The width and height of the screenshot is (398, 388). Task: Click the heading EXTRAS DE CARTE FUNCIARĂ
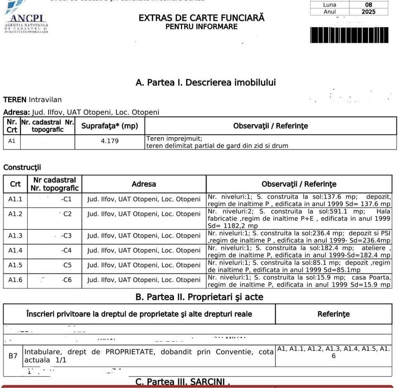pyautogui.click(x=201, y=18)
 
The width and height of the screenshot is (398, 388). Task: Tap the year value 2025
pyautogui.click(x=368, y=12)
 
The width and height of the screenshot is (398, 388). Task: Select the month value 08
pyautogui.click(x=368, y=5)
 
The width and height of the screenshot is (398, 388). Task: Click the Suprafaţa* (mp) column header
pyautogui.click(x=109, y=126)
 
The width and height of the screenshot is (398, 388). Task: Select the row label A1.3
pyautogui.click(x=15, y=236)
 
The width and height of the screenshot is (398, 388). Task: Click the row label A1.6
pyautogui.click(x=15, y=280)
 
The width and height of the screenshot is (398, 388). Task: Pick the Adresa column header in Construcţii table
pyautogui.click(x=144, y=184)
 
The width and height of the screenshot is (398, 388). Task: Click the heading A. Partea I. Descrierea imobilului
pyautogui.click(x=206, y=83)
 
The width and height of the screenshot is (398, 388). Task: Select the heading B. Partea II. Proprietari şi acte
pyautogui.click(x=199, y=297)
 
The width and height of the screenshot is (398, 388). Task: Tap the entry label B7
pyautogui.click(x=13, y=356)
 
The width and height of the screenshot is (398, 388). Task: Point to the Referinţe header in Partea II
pyautogui.click(x=333, y=314)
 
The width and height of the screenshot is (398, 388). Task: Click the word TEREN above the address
pyautogui.click(x=15, y=100)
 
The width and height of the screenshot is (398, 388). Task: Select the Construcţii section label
pyautogui.click(x=22, y=168)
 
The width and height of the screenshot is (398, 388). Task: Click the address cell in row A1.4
pyautogui.click(x=144, y=251)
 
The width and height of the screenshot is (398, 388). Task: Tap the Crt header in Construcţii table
pyautogui.click(x=15, y=184)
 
